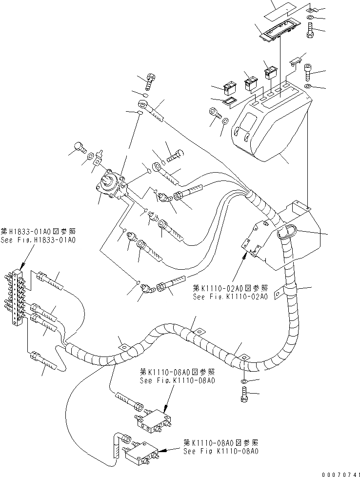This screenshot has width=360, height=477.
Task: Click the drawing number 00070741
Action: pyautogui.click(x=337, y=472)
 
